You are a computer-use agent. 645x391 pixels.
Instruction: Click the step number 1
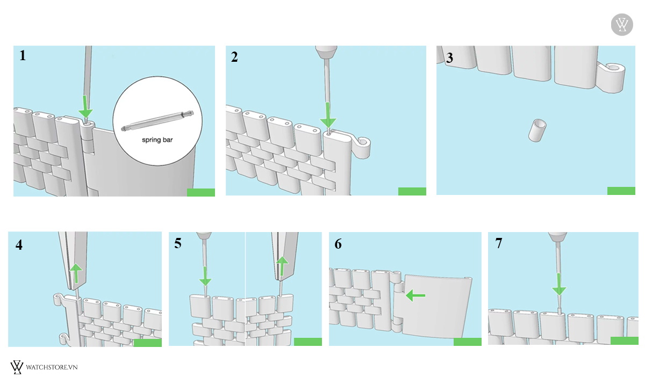point(23,55)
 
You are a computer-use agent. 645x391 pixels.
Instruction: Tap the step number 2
point(234,57)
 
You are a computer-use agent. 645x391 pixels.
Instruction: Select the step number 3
point(450,59)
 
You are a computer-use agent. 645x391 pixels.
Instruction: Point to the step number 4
point(19,245)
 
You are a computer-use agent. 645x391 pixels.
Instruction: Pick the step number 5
point(178,243)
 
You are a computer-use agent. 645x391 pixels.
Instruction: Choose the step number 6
point(338,244)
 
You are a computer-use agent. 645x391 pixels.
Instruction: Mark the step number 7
point(498,243)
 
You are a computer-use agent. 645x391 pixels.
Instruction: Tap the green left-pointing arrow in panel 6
point(415,295)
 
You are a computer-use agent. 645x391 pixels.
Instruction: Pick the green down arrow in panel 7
point(559,284)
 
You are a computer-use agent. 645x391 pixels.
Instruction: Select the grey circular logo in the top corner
point(622,25)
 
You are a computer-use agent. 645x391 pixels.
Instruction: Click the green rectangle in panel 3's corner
point(621,191)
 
